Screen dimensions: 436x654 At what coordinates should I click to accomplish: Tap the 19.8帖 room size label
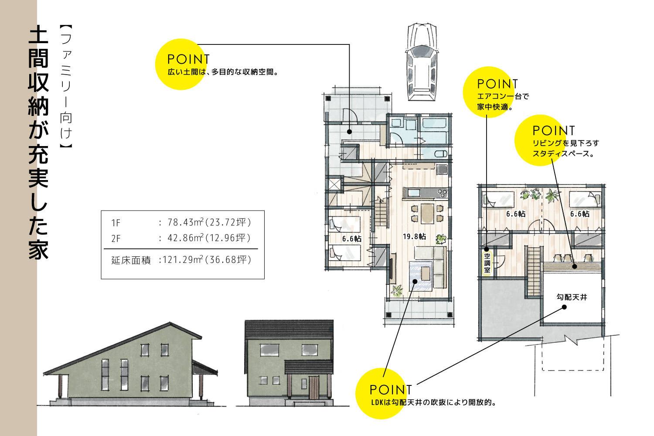pyautogui.click(x=414, y=237)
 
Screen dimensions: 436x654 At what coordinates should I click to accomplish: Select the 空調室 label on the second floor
pyautogui.click(x=487, y=263)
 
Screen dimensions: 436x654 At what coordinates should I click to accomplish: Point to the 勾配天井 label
pyautogui.click(x=572, y=297)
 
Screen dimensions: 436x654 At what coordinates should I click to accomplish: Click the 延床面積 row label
pyautogui.click(x=131, y=260)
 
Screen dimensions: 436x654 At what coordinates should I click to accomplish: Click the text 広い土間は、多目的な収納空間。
pyautogui.click(x=223, y=72)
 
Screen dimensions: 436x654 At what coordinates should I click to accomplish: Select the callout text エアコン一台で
pyautogui.click(x=503, y=96)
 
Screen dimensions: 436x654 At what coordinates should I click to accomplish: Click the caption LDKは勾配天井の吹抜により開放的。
pyautogui.click(x=434, y=402)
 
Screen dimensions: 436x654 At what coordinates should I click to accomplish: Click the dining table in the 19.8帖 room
pyautogui.click(x=427, y=213)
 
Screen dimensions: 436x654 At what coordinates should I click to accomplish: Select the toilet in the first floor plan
pyautogui.click(x=441, y=153)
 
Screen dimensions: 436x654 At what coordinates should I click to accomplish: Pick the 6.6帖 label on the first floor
pyautogui.click(x=351, y=239)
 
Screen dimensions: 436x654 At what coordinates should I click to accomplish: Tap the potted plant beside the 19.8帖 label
pyautogui.click(x=441, y=239)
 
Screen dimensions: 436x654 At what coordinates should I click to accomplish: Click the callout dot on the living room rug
pyautogui.click(x=415, y=282)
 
